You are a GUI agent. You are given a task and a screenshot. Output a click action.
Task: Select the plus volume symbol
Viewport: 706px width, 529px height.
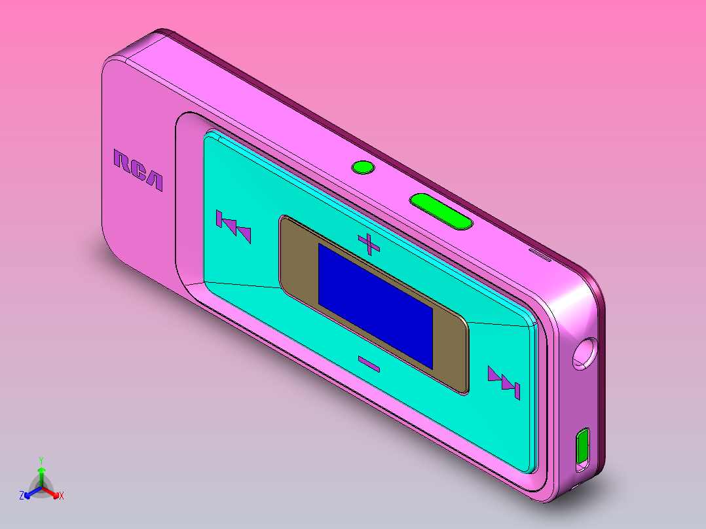[x=369, y=244]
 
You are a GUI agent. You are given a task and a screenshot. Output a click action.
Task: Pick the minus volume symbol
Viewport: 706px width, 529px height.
[x=369, y=363]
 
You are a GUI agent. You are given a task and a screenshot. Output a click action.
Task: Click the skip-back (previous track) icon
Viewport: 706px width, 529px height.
[x=233, y=227]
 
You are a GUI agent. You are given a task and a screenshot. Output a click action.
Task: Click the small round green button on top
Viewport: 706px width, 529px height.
[x=363, y=168]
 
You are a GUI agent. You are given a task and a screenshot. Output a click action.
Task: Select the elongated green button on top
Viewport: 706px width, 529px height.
[x=441, y=211]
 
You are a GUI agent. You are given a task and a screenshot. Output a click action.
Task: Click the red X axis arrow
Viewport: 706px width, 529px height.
[x=52, y=493]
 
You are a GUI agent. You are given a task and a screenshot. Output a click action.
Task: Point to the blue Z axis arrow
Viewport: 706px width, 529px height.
[x=30, y=493]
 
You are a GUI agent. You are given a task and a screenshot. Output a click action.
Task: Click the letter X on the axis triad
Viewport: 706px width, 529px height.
[x=61, y=496]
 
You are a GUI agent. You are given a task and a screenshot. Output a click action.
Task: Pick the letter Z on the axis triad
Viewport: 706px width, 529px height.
[x=22, y=496]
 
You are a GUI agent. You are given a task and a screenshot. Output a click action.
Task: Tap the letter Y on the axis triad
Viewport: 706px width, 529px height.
[x=41, y=460]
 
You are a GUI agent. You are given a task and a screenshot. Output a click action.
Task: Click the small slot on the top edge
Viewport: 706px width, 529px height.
[x=540, y=252]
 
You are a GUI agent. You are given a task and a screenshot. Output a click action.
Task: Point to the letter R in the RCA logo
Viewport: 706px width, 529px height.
[x=122, y=162]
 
